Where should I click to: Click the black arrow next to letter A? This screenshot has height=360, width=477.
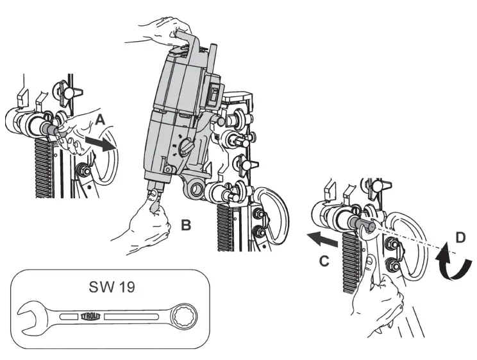point(103,141)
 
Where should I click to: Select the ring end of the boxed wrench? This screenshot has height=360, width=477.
point(185,315)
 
